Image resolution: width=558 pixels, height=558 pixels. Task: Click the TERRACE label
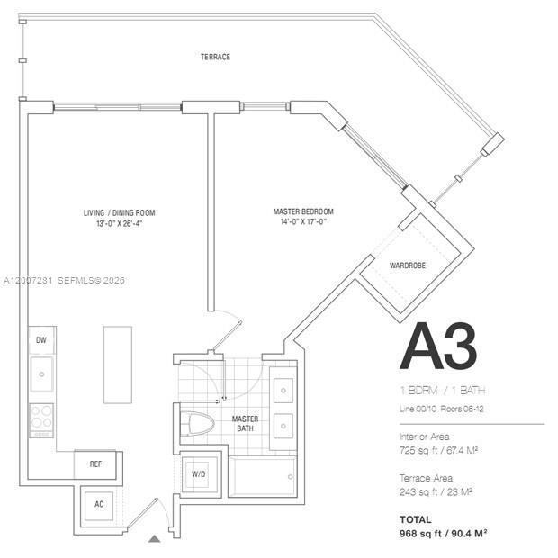click(215, 57)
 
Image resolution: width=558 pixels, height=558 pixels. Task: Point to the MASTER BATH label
click(246, 424)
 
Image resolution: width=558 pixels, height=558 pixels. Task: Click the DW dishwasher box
click(41, 340)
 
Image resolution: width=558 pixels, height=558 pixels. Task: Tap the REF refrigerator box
click(95, 464)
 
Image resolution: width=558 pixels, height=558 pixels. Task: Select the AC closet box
click(99, 504)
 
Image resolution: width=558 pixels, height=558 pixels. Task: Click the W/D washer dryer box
click(200, 474)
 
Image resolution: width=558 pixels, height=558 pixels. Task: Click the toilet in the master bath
click(200, 424)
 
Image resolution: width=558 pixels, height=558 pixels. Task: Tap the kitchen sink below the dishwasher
click(41, 374)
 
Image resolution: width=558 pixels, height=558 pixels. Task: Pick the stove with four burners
click(41, 417)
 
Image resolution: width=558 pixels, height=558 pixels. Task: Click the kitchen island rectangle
click(117, 364)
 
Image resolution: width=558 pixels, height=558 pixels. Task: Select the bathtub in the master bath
click(263, 476)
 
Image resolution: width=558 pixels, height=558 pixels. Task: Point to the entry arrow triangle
click(154, 538)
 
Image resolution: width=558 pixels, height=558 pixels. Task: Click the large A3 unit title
click(438, 346)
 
